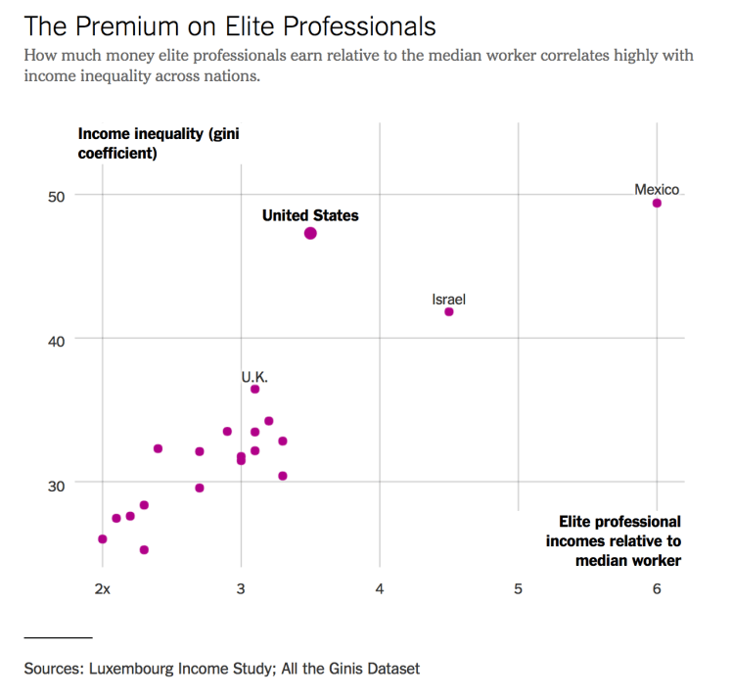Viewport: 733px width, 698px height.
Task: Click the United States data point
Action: (x=310, y=233)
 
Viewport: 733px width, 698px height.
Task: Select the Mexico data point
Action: (x=657, y=203)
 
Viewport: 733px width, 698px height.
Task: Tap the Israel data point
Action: (x=449, y=312)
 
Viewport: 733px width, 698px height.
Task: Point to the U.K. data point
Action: (x=255, y=390)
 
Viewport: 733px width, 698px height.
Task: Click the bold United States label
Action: (x=310, y=215)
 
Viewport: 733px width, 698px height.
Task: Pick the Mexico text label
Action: (x=657, y=189)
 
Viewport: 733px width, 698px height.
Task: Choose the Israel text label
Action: (x=449, y=299)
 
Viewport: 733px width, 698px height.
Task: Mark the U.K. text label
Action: (x=254, y=376)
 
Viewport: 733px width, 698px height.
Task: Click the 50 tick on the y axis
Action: (x=56, y=196)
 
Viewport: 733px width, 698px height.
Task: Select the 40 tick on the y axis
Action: (x=56, y=340)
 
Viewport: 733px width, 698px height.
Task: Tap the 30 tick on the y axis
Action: (x=56, y=484)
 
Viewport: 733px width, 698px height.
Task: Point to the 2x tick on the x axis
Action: (x=104, y=588)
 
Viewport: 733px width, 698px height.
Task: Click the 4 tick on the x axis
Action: (x=380, y=588)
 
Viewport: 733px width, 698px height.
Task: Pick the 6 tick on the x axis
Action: (x=657, y=588)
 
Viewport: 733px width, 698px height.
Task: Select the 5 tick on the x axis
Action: (x=519, y=588)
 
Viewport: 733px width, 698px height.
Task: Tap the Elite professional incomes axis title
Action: (x=614, y=540)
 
